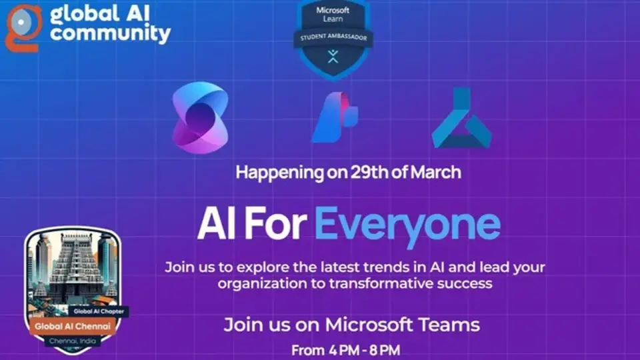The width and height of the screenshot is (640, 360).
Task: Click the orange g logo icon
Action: [x=24, y=27]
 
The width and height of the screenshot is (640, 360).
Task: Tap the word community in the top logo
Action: [x=111, y=33]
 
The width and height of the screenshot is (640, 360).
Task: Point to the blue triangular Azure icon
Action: [x=461, y=118]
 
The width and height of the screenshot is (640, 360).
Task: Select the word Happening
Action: [x=278, y=172]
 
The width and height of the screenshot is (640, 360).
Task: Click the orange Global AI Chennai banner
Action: [x=71, y=327]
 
